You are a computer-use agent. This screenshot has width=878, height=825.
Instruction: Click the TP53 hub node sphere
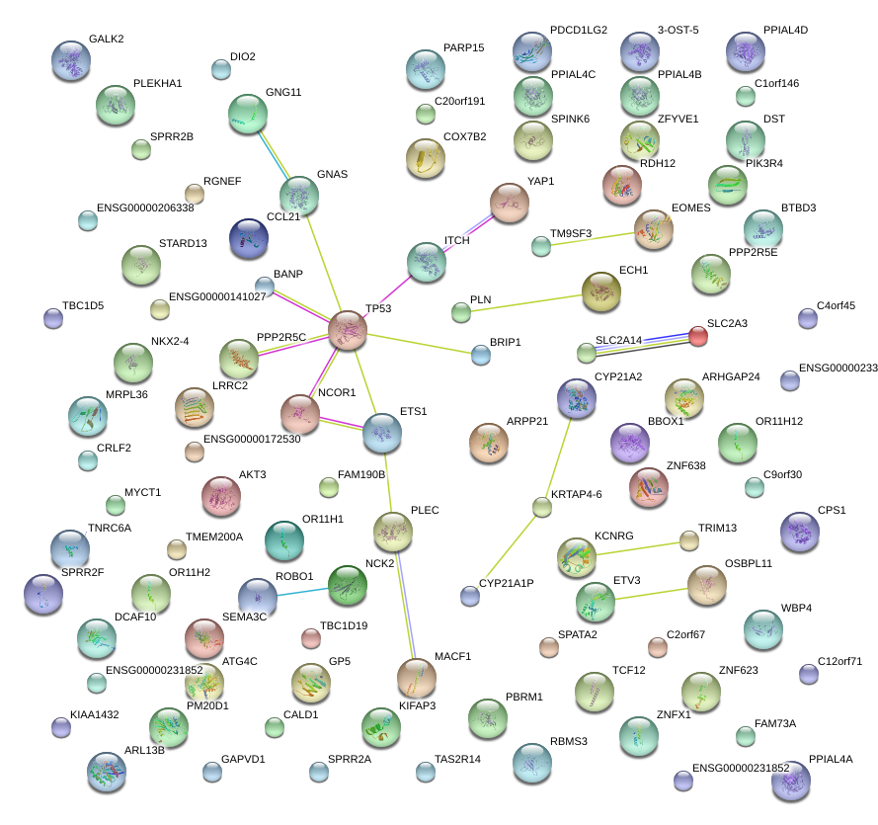(x=348, y=329)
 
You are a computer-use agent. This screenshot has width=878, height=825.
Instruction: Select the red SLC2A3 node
(x=697, y=336)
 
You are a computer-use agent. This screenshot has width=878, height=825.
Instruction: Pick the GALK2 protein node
(x=70, y=59)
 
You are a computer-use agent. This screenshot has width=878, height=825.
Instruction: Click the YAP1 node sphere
(x=510, y=202)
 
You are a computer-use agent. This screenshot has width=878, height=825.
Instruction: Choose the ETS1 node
(x=382, y=432)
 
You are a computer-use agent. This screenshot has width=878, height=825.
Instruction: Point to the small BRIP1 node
(x=481, y=355)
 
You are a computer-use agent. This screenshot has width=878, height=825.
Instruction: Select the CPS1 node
(x=799, y=532)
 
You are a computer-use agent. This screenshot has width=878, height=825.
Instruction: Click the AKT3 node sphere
(x=221, y=496)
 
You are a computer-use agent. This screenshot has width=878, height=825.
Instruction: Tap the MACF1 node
(x=416, y=677)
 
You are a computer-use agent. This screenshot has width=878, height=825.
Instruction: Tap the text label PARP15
(x=463, y=47)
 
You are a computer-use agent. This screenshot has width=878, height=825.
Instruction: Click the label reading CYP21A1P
(x=506, y=583)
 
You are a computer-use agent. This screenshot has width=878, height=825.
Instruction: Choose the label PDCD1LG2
(x=579, y=31)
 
